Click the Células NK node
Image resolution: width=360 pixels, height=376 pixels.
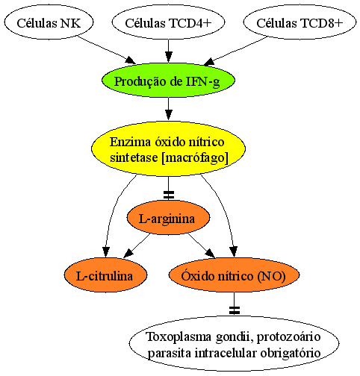[49, 22]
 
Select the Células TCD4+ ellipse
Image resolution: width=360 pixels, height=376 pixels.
[168, 22]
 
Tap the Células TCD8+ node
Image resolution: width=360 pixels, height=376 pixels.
[300, 22]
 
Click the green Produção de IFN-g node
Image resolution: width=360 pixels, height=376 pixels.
[168, 81]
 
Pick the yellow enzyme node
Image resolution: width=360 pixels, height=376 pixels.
[168, 148]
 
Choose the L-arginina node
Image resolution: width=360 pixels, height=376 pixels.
[168, 218]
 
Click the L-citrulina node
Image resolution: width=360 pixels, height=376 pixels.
[105, 275]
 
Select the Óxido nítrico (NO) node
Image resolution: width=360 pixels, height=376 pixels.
[234, 275]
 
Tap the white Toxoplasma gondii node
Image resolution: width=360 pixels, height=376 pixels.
[234, 344]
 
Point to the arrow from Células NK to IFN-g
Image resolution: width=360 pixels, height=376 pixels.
[107, 50]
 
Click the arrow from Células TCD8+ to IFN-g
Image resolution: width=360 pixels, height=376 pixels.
[235, 51]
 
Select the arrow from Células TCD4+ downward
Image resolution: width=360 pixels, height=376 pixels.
[169, 51]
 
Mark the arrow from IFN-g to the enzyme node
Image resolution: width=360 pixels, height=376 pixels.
[169, 109]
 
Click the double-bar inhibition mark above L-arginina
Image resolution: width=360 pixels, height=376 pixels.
[169, 195]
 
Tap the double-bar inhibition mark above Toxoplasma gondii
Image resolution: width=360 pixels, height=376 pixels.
[235, 310]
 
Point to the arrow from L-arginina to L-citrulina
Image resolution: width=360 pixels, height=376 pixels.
[137, 245]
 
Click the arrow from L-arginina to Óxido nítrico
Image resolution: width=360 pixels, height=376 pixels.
[202, 245]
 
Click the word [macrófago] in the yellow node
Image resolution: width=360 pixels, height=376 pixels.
[195, 157]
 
